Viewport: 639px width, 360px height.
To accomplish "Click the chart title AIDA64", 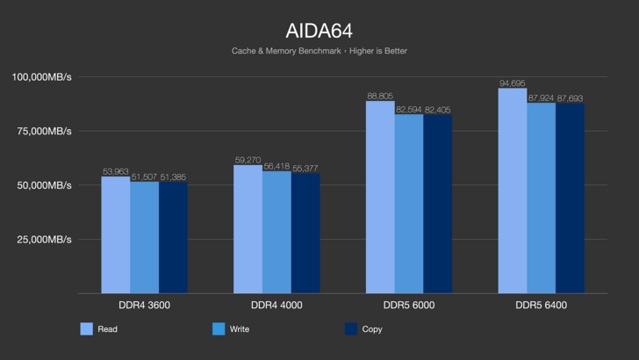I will (319, 31).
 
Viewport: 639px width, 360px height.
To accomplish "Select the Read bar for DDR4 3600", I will (115, 234).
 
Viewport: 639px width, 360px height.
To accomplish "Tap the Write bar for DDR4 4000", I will (276, 233).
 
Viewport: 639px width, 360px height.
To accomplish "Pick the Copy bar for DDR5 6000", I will (437, 204).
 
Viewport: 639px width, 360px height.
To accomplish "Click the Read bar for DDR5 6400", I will (512, 191).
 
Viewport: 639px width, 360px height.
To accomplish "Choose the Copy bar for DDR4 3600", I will (173, 237).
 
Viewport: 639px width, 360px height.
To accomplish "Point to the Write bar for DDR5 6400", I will (541, 198).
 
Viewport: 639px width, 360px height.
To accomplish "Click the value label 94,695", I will (512, 83).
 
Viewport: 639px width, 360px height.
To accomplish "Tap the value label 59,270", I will (248, 161).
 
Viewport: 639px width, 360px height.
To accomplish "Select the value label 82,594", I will (409, 110).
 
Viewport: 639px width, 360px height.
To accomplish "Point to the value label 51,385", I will (173, 177).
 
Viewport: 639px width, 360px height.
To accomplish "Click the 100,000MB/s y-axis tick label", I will (41, 77).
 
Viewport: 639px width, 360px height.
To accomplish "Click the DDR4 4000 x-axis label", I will (276, 306).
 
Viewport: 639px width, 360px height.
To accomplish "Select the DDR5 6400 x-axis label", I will (541, 306).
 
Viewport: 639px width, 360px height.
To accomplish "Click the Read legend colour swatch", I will (87, 329).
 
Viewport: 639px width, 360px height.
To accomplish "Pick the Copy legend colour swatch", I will (351, 329).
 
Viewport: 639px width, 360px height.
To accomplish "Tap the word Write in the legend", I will (240, 329).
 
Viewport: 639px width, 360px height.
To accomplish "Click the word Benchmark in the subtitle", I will (319, 51).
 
